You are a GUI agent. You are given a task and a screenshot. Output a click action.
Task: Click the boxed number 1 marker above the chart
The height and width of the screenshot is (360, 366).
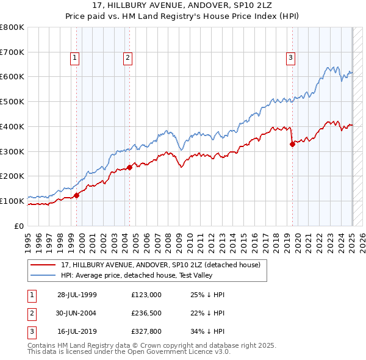[74, 58]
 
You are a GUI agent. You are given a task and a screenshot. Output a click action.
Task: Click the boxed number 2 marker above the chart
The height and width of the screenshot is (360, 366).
[128, 58]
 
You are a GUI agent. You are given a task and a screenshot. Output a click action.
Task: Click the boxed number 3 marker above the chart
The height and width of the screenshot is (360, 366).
[290, 58]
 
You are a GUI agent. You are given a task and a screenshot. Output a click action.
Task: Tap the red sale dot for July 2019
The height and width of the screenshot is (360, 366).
[292, 144]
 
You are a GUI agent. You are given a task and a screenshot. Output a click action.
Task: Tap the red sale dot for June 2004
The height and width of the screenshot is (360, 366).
[130, 167]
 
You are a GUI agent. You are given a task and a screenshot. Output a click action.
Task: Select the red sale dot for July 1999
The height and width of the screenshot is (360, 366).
[77, 195]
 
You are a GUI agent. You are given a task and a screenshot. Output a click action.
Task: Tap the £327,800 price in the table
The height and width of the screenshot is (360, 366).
[146, 332]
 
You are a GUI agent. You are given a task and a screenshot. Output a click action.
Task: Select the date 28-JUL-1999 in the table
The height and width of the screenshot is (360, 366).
[77, 295]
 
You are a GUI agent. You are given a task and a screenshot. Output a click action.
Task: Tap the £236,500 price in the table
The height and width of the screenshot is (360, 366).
[146, 314]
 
